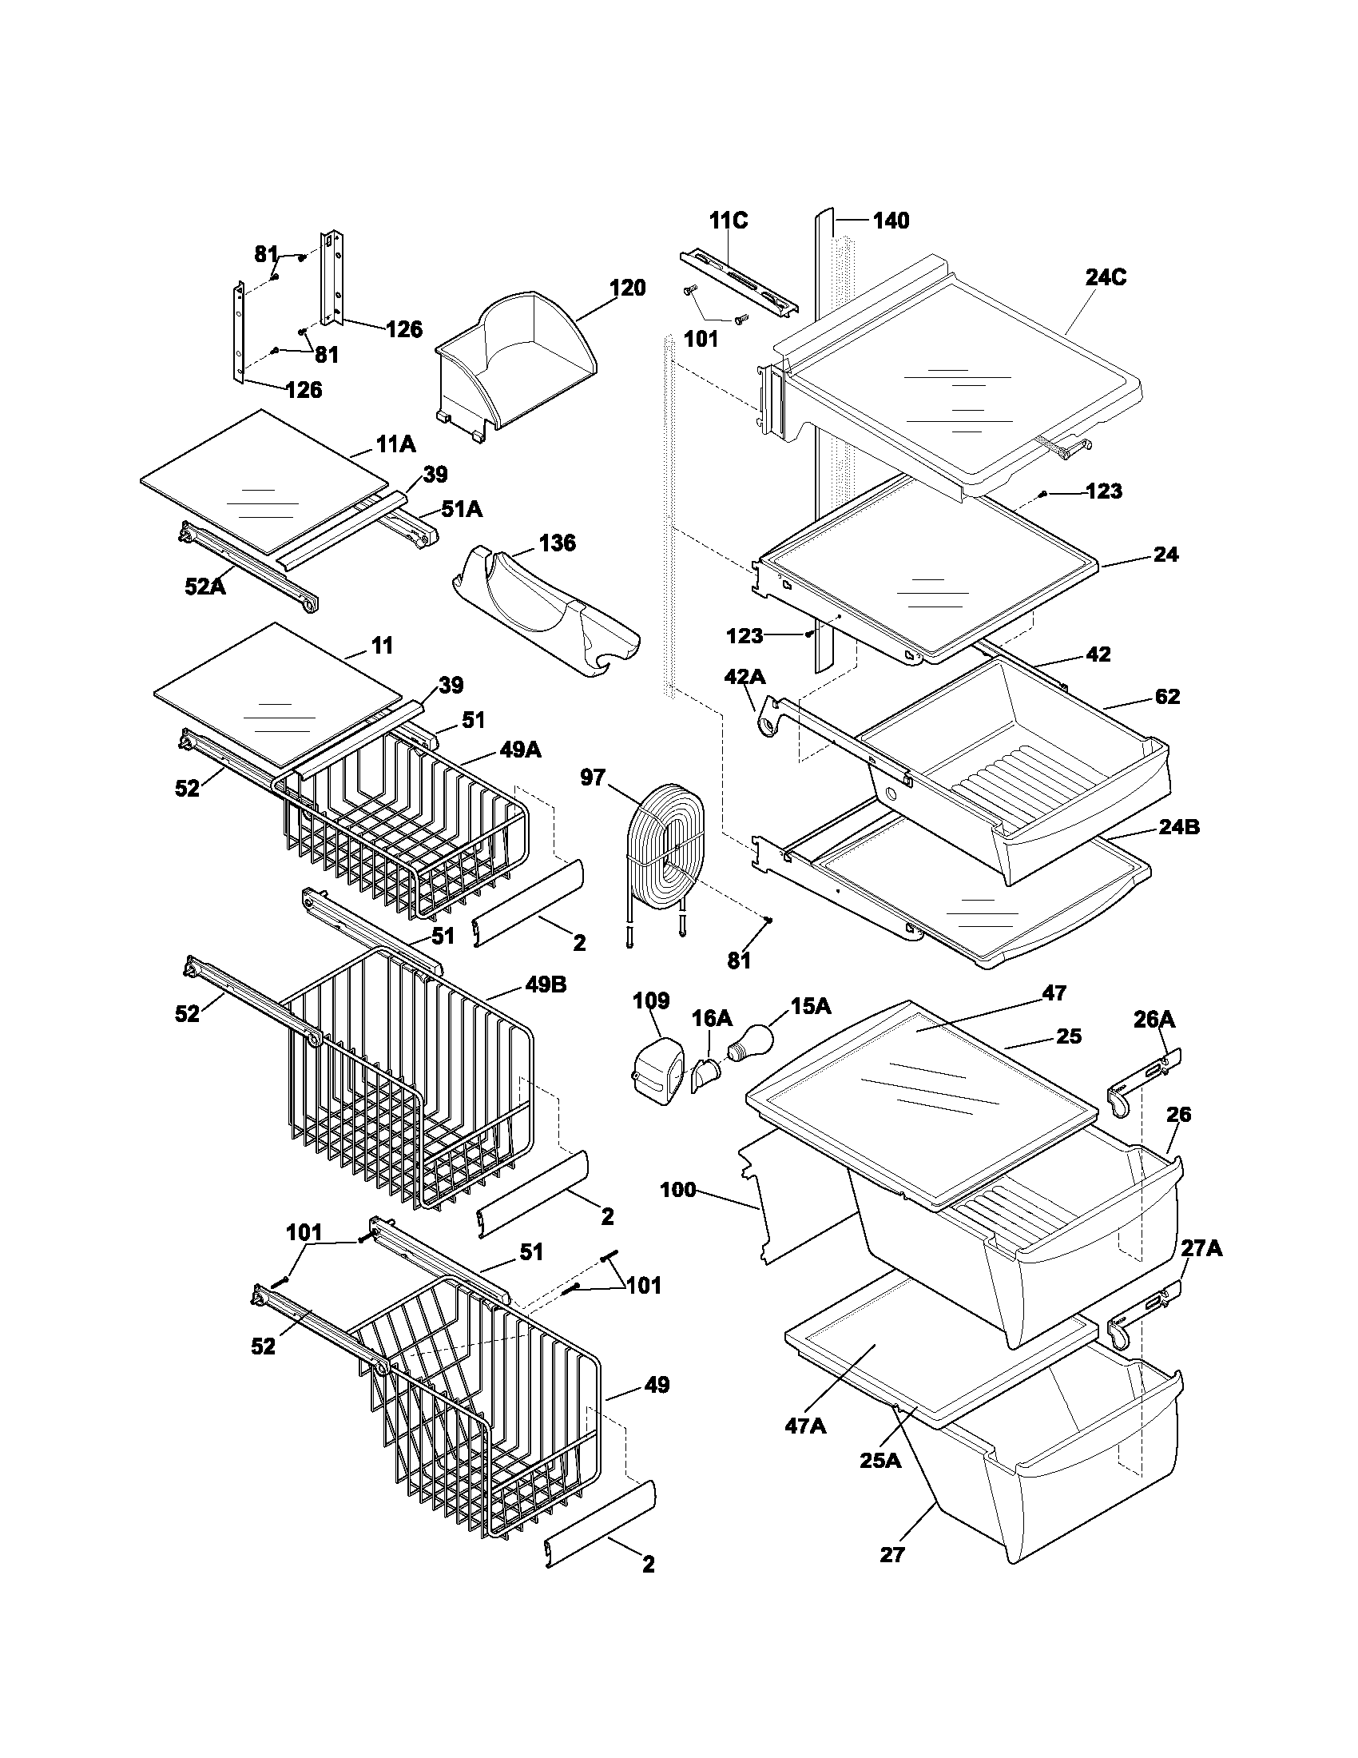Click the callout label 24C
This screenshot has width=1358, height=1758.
tap(1106, 277)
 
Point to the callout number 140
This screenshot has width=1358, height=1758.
tap(891, 221)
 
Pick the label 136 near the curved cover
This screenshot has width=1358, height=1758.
tap(557, 543)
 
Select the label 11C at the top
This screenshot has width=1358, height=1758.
tap(728, 221)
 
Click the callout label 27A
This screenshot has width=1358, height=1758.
tap(1201, 1248)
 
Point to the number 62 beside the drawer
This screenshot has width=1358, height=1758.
tap(1166, 696)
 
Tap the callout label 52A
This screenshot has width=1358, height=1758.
tap(205, 587)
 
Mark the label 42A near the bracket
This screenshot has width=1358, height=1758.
tap(745, 677)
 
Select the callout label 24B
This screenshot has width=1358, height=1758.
tap(1178, 827)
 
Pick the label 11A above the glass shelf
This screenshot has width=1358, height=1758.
tap(395, 443)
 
